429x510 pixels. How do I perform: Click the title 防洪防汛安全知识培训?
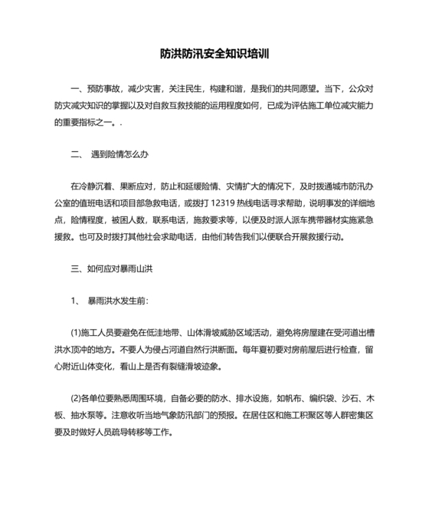click(x=215, y=55)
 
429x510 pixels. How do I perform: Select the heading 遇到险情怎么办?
click(x=119, y=154)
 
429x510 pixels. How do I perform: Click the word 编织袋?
click(x=325, y=398)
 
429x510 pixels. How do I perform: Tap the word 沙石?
click(x=359, y=398)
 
